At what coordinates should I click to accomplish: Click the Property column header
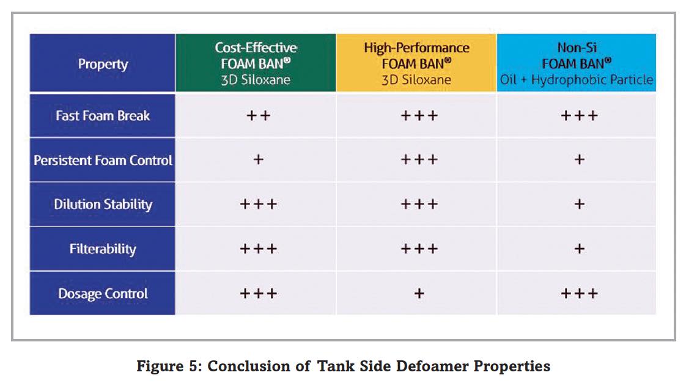[x=103, y=64]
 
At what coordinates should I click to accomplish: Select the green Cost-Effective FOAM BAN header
[x=256, y=63]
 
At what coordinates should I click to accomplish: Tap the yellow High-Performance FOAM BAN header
[x=416, y=63]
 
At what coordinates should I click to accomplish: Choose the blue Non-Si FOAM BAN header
[x=576, y=63]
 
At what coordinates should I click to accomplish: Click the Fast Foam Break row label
[x=103, y=115]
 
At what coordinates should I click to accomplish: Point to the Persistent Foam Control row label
[x=103, y=160]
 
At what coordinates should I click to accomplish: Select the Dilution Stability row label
[x=103, y=204]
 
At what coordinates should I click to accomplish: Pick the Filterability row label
[x=103, y=249]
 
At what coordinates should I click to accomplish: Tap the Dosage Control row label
[x=103, y=294]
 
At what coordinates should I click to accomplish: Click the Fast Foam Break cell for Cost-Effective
[x=258, y=115]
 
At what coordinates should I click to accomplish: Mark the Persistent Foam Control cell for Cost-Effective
[x=258, y=160]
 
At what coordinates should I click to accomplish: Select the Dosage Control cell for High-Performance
[x=419, y=294]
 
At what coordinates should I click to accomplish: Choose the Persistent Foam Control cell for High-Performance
[x=419, y=160]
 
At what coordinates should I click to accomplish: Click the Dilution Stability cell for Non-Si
[x=579, y=204]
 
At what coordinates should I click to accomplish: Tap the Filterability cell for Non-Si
[x=579, y=249]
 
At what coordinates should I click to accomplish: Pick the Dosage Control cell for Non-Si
[x=579, y=294]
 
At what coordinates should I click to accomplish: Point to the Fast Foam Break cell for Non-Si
[x=579, y=115]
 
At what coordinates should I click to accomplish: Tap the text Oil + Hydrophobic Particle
[x=576, y=80]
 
